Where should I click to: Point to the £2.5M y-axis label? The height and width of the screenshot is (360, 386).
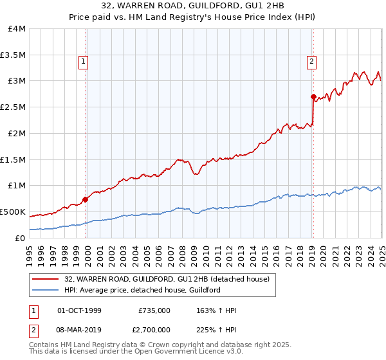[13, 107]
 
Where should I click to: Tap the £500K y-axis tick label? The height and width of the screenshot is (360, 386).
[13, 212]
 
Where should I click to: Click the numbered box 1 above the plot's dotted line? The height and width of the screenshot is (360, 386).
[84, 62]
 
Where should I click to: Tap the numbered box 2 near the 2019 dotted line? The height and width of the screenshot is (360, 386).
[311, 62]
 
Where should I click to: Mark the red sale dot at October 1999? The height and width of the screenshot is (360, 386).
[86, 199]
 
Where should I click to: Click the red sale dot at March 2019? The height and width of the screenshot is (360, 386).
[313, 97]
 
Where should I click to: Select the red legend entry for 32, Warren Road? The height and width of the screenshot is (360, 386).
[170, 279]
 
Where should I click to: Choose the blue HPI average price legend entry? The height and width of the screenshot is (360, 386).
[142, 290]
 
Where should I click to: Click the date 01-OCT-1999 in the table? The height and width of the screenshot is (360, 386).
[79, 310]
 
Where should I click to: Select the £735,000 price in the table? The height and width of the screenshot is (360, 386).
[154, 310]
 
